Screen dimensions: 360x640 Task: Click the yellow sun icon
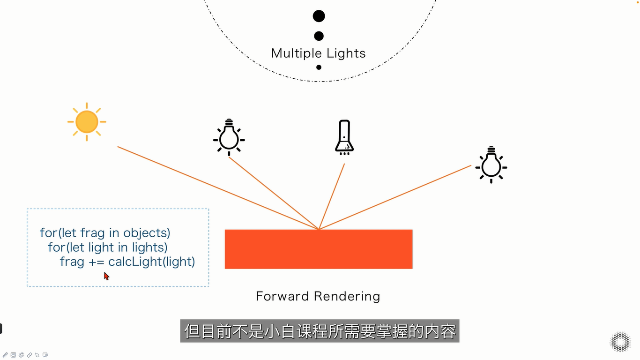(x=87, y=122)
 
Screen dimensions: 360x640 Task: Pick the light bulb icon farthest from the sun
(x=491, y=165)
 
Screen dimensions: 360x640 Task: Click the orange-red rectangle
(x=319, y=249)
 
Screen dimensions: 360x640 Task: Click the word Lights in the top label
(x=346, y=53)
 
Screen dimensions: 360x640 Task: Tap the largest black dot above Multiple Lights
(x=319, y=16)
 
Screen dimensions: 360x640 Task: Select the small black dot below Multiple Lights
(x=319, y=67)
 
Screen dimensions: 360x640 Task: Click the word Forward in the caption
(x=283, y=296)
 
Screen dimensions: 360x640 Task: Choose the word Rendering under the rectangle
(x=347, y=297)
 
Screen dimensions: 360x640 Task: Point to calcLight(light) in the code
(x=152, y=262)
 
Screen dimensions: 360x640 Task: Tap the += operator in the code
(x=97, y=262)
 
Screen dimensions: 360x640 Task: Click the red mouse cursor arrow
(x=106, y=276)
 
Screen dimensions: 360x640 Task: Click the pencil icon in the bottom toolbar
(x=6, y=355)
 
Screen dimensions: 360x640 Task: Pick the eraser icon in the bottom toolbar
(x=30, y=355)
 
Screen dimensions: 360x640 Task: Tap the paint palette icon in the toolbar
(x=22, y=355)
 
